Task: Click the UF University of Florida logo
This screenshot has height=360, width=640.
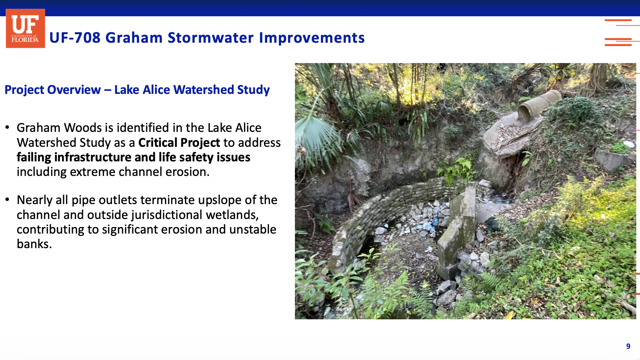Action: click(x=25, y=28)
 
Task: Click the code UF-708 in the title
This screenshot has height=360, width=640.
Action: click(x=75, y=38)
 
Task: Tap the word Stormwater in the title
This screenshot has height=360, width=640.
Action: click(x=211, y=38)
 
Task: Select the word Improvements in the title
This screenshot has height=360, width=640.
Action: click(x=312, y=38)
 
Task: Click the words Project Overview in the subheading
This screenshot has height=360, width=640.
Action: click(x=53, y=90)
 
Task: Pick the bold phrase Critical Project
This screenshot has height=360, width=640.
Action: click(x=179, y=143)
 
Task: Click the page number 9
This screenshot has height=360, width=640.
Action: click(x=628, y=346)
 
